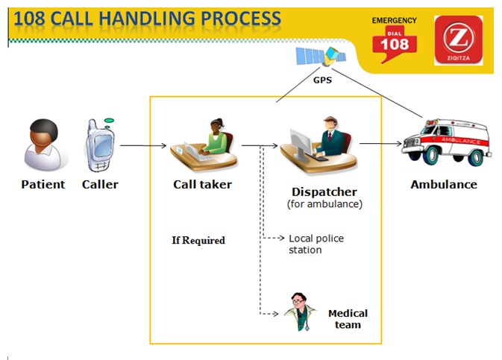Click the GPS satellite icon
click(321, 57)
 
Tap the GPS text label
click(322, 80)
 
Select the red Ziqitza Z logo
click(459, 40)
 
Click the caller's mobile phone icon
click(100, 145)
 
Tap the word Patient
click(43, 184)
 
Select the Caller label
click(100, 184)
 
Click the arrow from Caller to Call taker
click(143, 145)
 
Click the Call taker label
click(202, 184)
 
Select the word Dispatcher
click(324, 192)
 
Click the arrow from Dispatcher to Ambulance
click(380, 143)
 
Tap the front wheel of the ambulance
click(430, 155)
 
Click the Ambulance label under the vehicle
click(444, 184)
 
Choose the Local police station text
click(316, 244)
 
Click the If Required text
click(198, 240)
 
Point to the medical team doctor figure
click(300, 312)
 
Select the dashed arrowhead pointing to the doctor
click(275, 314)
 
